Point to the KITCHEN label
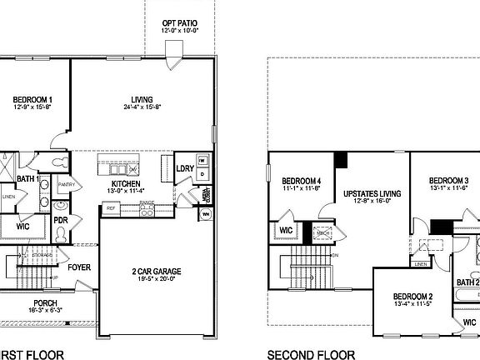(x=125, y=183)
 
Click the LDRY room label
(x=185, y=169)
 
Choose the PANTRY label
(x=67, y=184)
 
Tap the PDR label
(x=60, y=221)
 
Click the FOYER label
(x=79, y=267)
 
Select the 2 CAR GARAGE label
(x=157, y=272)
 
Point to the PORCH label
(x=45, y=302)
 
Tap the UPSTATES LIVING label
(x=372, y=193)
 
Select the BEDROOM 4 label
(x=301, y=181)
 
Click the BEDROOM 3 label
(x=449, y=181)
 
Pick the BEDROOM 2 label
(x=412, y=297)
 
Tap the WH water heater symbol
(x=205, y=216)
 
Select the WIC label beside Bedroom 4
(x=285, y=231)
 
